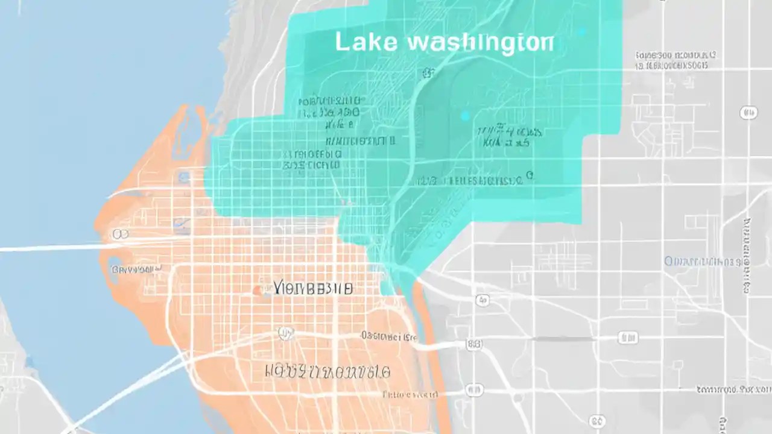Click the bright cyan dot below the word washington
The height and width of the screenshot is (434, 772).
464,116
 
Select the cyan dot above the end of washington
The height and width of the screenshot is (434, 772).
582,31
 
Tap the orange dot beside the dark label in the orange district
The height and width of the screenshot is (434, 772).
258,291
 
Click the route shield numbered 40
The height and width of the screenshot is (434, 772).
748,113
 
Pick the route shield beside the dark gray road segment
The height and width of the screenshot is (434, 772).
627,338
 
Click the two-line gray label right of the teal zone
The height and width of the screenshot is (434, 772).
677,60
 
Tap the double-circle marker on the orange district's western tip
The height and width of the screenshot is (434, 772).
120,234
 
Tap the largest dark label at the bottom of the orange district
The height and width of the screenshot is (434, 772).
328,371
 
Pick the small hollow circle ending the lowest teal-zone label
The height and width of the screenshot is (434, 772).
530,175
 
